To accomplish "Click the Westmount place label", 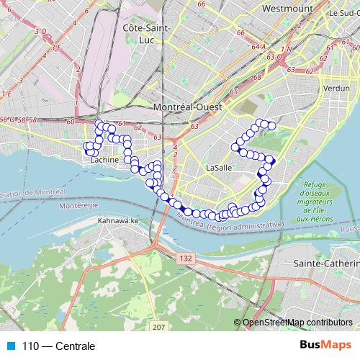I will coord(287,9).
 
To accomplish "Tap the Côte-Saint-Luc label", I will coord(149,33).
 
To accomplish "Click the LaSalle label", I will coord(219,167).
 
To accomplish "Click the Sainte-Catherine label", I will coord(327,264).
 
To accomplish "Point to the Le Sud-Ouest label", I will coord(343,13).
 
